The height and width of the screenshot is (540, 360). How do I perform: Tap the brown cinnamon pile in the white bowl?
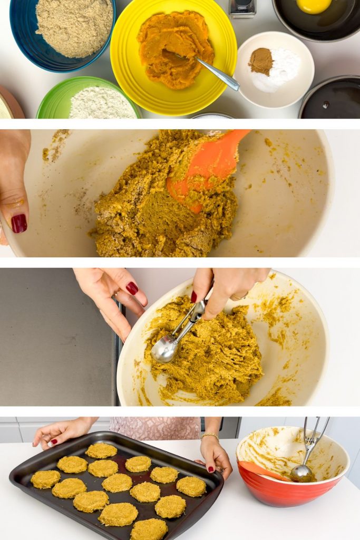261,61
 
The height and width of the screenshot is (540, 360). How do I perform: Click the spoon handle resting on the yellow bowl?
218,74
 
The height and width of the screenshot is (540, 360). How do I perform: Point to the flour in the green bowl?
101,104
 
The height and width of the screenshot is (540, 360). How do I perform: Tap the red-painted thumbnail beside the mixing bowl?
19,223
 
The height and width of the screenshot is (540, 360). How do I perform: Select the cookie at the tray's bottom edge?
149,529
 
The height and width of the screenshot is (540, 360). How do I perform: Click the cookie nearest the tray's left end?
45,479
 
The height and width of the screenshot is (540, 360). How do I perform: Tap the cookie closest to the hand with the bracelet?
191,486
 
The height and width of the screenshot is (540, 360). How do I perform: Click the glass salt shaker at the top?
242,8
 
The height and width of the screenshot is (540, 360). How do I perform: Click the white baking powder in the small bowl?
284,71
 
